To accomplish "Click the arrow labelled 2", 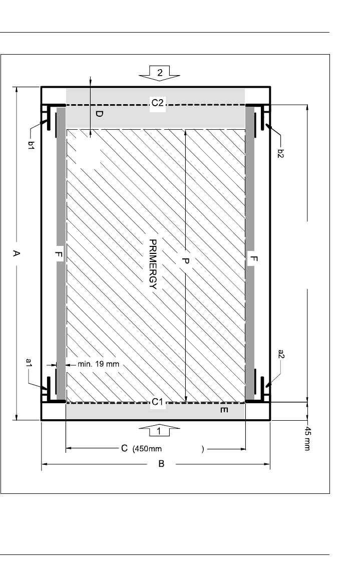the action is click(x=160, y=73).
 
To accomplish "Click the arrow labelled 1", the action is click(x=159, y=430).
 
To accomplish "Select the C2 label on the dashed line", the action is click(x=158, y=103).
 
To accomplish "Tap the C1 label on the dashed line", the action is click(x=158, y=402).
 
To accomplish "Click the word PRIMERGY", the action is click(x=153, y=264).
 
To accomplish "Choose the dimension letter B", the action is click(x=161, y=464).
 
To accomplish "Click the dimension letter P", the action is click(x=185, y=260).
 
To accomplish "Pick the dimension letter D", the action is click(x=99, y=114).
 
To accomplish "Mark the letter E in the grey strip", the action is click(x=224, y=410).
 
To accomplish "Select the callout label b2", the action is click(x=280, y=153).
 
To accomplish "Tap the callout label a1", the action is click(x=30, y=363).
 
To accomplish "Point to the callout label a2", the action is click(x=281, y=354).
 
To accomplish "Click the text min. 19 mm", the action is click(x=99, y=364).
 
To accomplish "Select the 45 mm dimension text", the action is click(x=307, y=439).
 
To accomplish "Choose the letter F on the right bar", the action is click(x=254, y=259).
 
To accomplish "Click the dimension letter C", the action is click(x=124, y=448).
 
